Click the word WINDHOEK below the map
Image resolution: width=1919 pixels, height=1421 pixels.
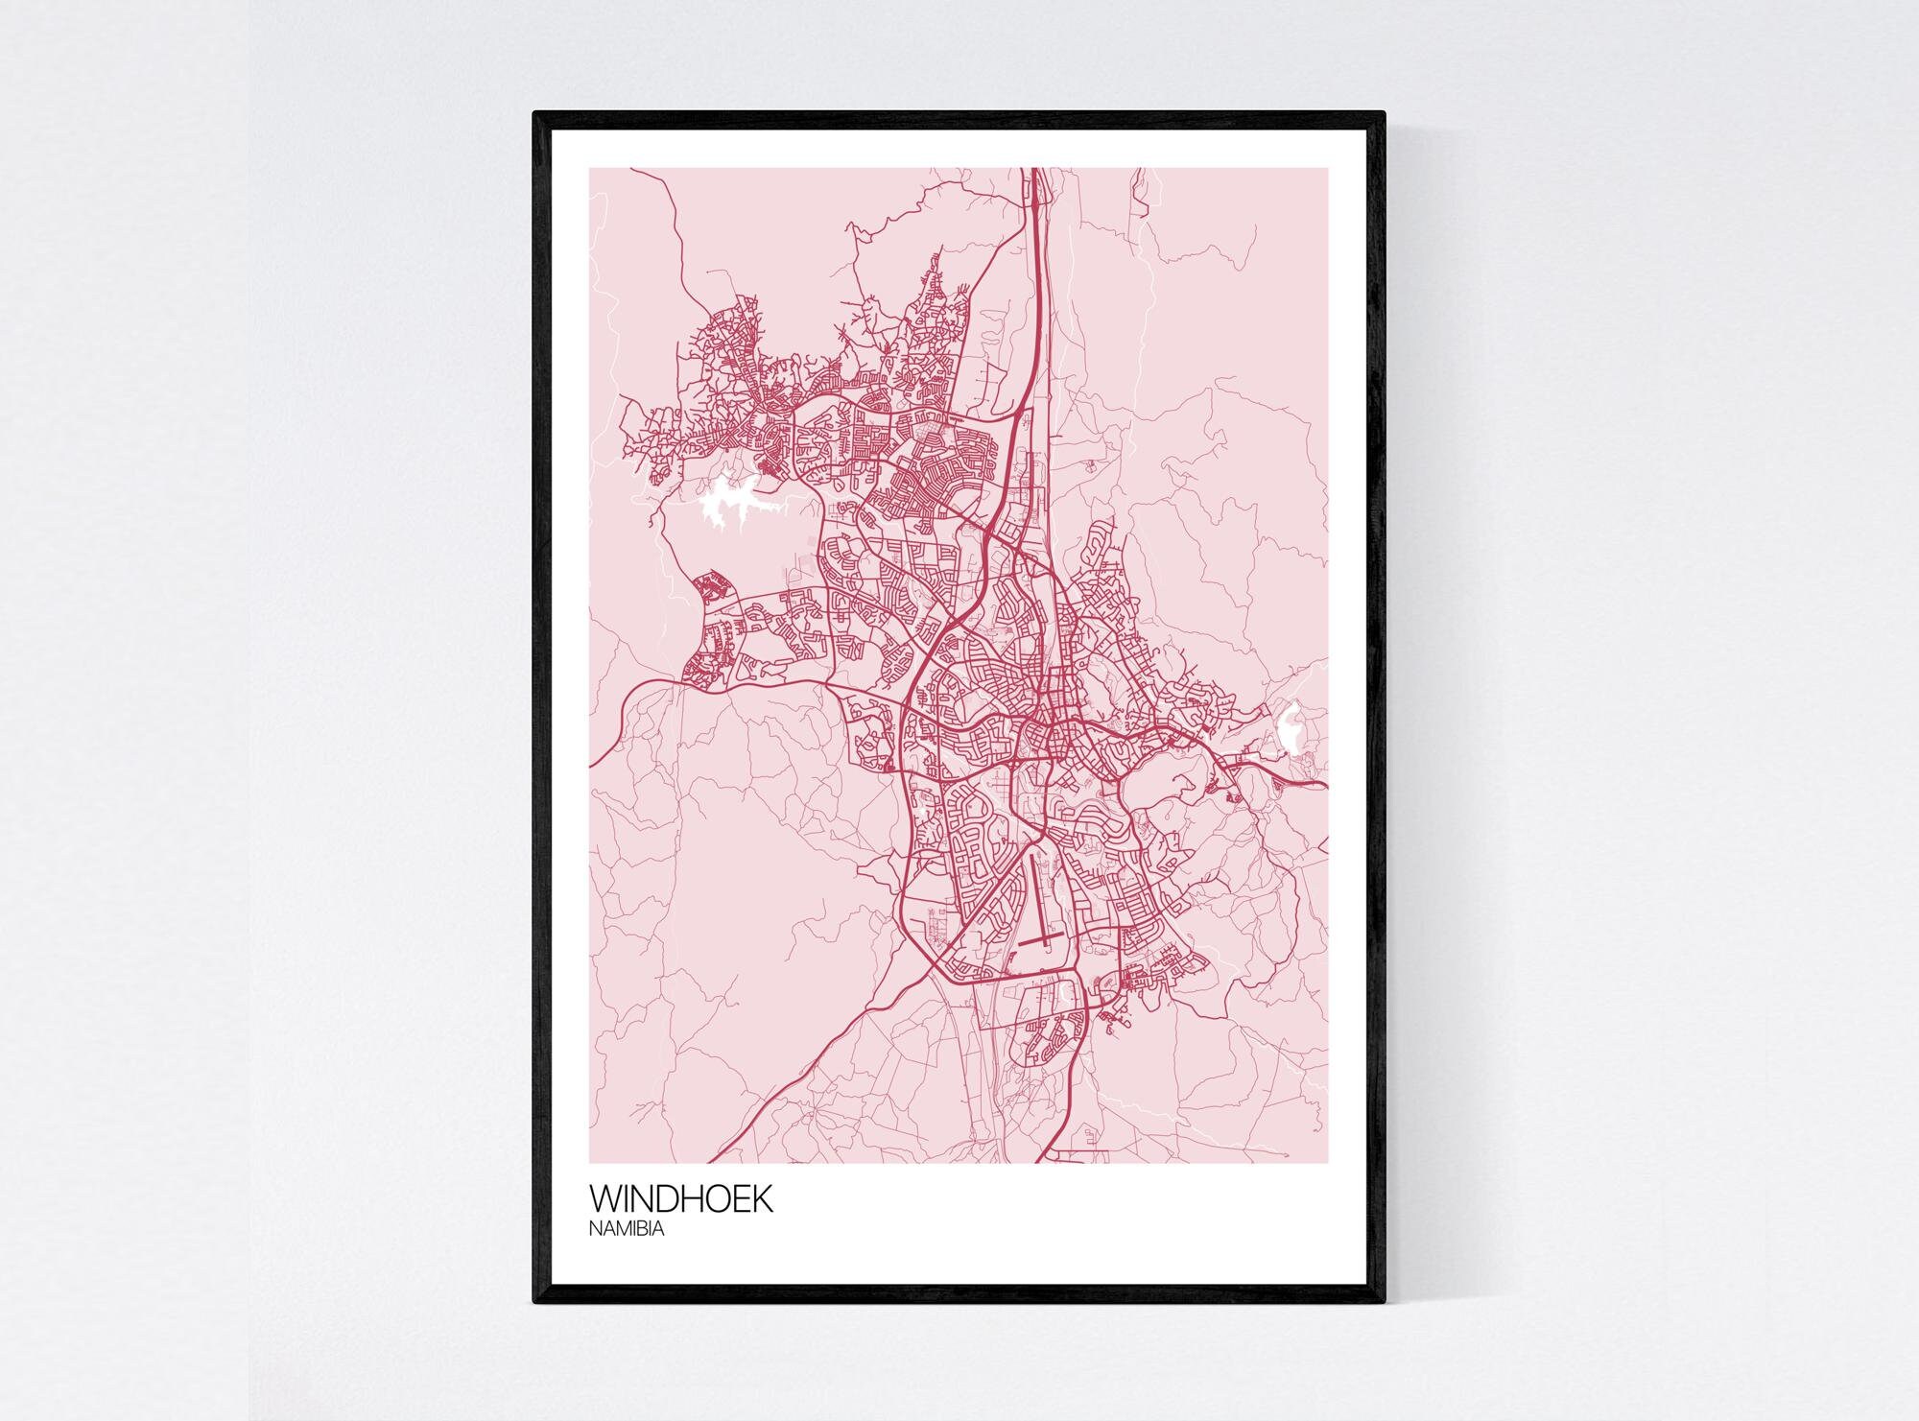(x=680, y=1200)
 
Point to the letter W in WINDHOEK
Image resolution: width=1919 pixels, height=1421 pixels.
(x=606, y=1200)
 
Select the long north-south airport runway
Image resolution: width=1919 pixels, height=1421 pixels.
(x=1036, y=897)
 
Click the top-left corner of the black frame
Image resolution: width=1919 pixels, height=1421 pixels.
(x=535, y=114)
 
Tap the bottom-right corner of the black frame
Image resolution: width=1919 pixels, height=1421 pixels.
(x=1384, y=1302)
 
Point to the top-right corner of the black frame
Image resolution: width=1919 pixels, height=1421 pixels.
(x=1384, y=114)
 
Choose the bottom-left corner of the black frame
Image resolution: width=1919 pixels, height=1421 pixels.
(x=535, y=1302)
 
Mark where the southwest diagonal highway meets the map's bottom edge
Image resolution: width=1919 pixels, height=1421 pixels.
(x=722, y=1162)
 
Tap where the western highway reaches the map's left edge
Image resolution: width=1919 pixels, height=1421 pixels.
(x=591, y=766)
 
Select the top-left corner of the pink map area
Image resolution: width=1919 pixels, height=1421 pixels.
(x=590, y=169)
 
